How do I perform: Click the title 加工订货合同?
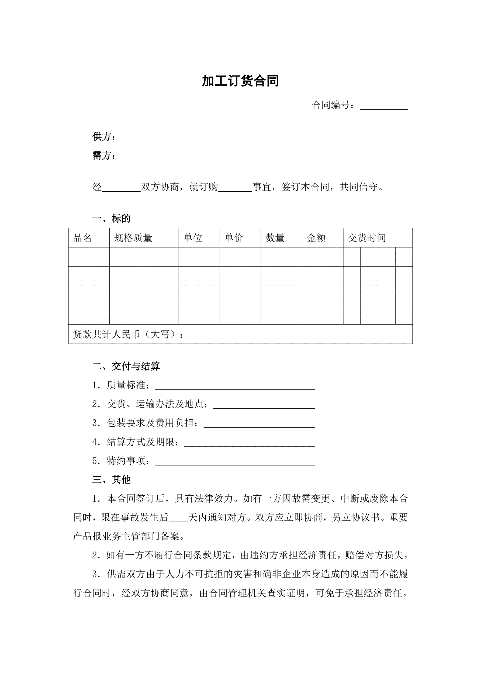click(240, 81)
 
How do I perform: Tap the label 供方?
click(104, 137)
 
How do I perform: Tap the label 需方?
click(104, 156)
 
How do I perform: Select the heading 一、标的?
click(111, 219)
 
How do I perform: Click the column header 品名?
click(82, 238)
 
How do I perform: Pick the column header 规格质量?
click(133, 238)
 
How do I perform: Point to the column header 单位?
click(193, 238)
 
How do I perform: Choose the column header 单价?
click(234, 238)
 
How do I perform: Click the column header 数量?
click(275, 238)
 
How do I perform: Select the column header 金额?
click(316, 238)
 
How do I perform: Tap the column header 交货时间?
click(367, 238)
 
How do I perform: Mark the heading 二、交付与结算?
click(126, 366)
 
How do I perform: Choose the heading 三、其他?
click(111, 479)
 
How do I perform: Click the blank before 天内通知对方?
click(178, 519)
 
